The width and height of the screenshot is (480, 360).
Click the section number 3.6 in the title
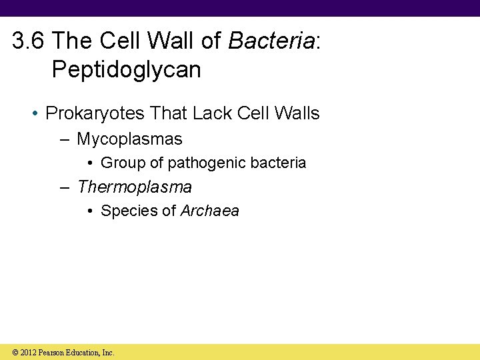coord(29,42)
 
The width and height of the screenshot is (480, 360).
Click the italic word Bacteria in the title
coord(271,42)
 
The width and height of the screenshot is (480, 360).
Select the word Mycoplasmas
coord(129,139)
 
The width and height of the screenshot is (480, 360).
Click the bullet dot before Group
coord(91,163)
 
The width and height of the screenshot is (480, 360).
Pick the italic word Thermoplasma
coord(135,187)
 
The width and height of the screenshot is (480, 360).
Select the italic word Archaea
coord(209,211)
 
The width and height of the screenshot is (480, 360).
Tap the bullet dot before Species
coord(91,211)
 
